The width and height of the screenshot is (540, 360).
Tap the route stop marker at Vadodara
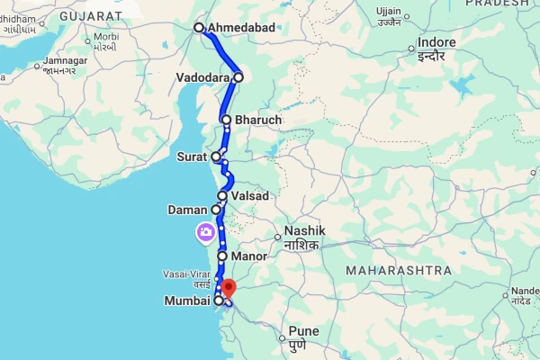(238, 77)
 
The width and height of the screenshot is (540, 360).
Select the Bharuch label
(258, 120)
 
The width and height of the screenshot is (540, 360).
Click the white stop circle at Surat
(216, 157)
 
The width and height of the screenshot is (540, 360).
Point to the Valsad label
(251, 195)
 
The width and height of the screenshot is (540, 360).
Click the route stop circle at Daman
(216, 210)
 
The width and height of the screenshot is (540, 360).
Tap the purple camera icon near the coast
(206, 234)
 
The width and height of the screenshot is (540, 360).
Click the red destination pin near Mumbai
(228, 289)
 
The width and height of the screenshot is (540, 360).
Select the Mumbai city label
(187, 301)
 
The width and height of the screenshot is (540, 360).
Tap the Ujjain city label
(390, 10)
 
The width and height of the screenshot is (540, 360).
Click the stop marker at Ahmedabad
(200, 28)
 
